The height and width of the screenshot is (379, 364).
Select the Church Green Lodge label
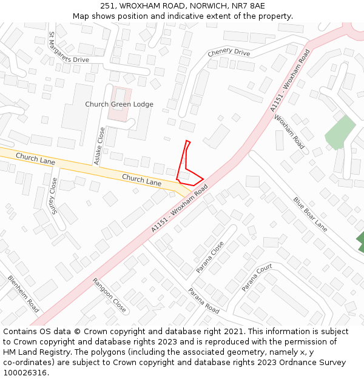coord(119,104)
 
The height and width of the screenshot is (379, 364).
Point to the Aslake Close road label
coord(98,146)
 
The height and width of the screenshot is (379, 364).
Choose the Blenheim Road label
coord(24,294)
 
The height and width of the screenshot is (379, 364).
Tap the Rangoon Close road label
coord(109,295)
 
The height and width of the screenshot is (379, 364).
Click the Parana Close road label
coord(210,257)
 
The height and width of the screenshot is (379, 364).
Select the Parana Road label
coord(203,300)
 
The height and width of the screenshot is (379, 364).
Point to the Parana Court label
coord(257,278)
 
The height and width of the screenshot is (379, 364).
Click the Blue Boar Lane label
coord(310,213)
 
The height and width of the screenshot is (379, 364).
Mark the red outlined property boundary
coord(188,167)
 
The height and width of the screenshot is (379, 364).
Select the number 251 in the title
coord(107,6)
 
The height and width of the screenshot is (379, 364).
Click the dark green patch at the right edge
coord(360,241)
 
